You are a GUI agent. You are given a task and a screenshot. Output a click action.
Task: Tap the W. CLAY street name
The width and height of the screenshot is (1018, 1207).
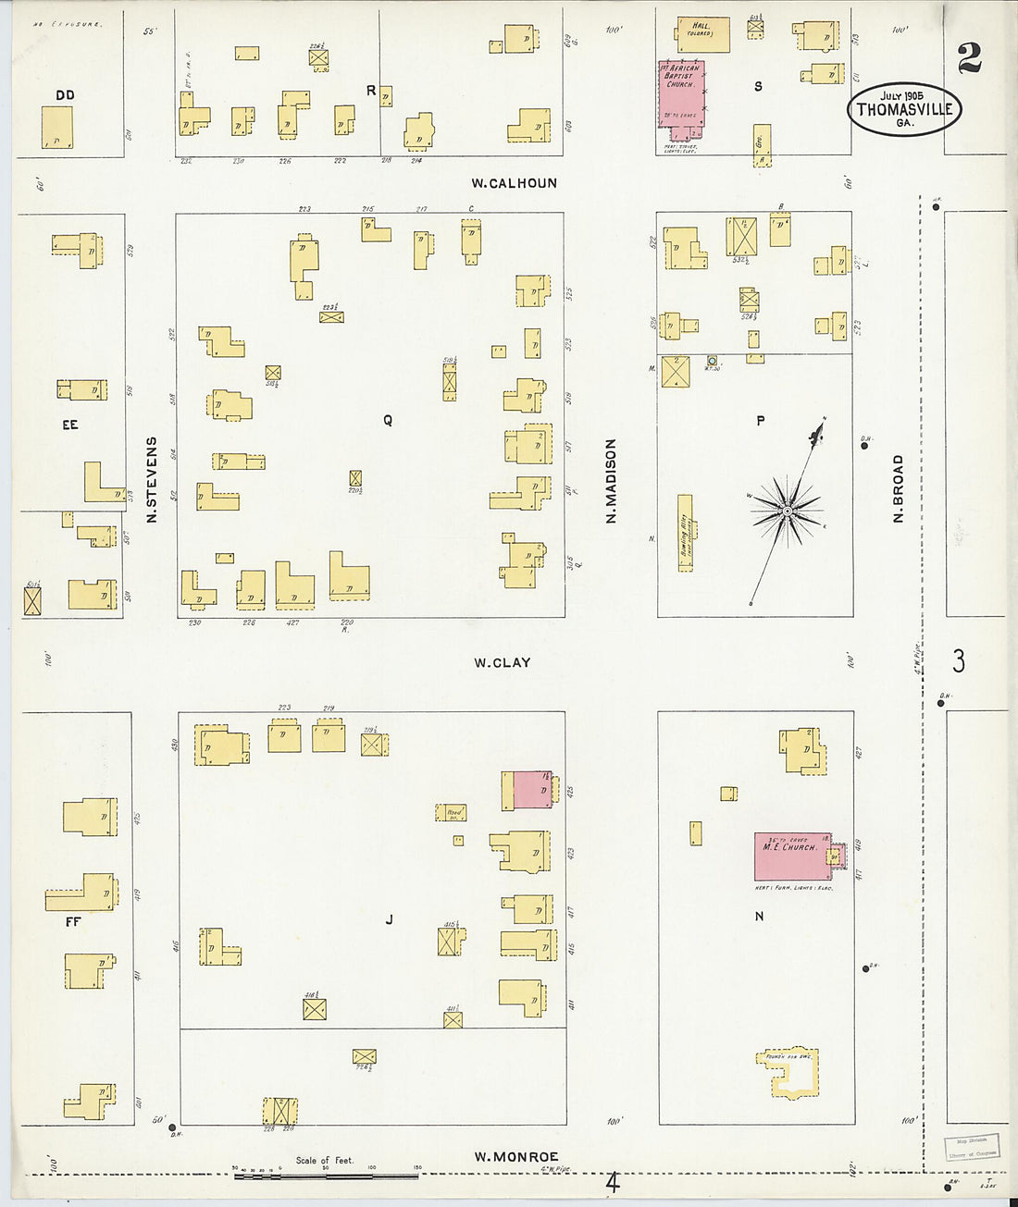point(503,662)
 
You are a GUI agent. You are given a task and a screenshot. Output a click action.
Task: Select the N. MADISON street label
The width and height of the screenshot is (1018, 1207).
point(611,481)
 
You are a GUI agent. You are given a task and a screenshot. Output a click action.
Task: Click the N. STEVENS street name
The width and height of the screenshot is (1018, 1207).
point(152,479)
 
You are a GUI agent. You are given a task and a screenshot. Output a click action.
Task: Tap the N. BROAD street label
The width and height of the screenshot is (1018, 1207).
point(898,488)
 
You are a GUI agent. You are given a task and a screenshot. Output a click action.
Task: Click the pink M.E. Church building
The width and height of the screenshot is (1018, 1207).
point(791,856)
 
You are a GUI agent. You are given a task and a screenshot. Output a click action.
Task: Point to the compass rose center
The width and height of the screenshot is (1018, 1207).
point(787,511)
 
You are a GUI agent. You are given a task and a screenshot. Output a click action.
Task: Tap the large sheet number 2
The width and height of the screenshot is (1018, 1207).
point(969,59)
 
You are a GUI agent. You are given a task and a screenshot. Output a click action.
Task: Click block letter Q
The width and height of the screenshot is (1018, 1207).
point(388,420)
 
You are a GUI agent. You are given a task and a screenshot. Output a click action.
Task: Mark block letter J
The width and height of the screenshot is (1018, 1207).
point(390,919)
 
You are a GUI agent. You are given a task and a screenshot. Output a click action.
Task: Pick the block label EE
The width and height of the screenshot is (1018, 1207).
point(69,425)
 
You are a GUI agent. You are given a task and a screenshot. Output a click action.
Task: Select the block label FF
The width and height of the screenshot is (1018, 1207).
point(73,921)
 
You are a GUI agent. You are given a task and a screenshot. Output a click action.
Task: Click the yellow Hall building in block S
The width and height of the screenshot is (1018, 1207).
point(702,35)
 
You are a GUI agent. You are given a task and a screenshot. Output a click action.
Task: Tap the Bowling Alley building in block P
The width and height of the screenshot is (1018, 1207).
point(685,533)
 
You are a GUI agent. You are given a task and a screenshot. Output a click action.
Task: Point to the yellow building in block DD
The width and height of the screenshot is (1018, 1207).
point(56,127)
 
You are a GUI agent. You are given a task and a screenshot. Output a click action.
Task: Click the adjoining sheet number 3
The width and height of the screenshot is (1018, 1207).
point(959,661)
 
